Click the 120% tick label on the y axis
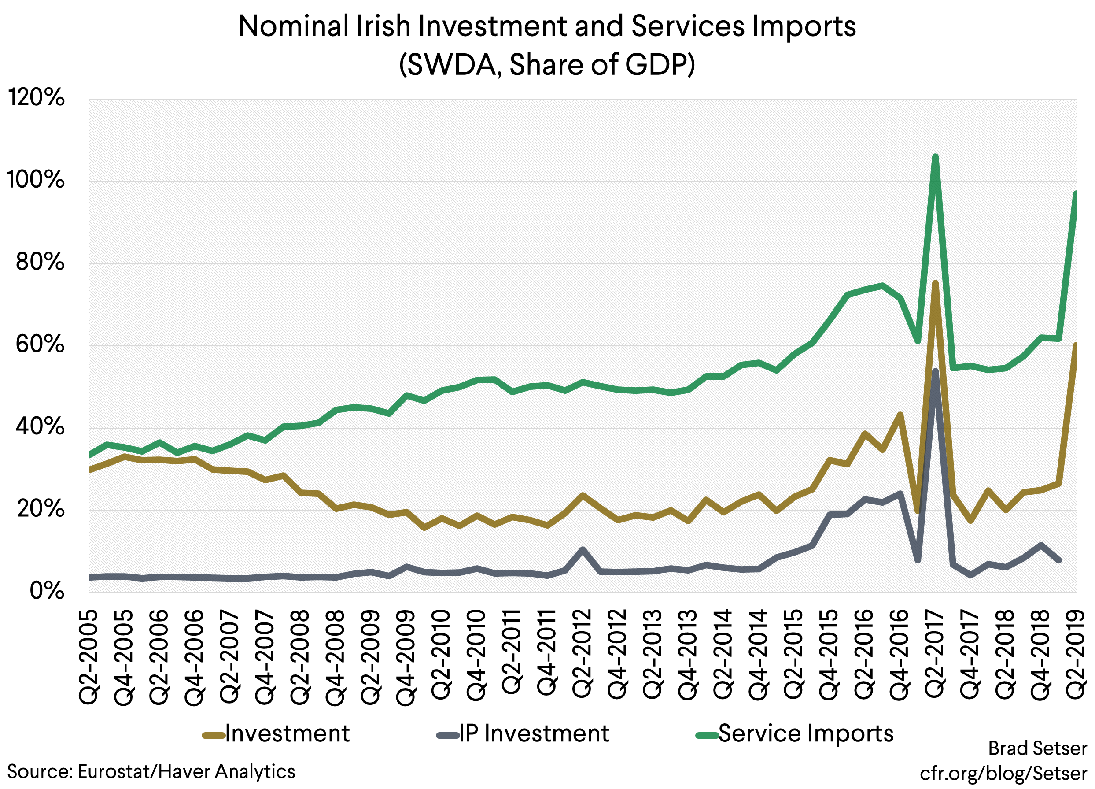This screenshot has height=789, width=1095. click(36, 98)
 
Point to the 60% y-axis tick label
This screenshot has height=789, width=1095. click(40, 344)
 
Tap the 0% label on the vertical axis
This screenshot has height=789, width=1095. click(46, 591)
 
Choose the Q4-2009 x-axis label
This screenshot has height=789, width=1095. click(406, 657)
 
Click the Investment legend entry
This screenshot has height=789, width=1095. click(276, 733)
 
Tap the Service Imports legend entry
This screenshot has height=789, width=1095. click(795, 733)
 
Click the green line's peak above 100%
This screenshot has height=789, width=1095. click(935, 157)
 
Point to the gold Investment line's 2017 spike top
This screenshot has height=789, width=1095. click(935, 283)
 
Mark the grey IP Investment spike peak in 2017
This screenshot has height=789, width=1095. click(935, 371)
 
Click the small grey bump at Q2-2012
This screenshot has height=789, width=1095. click(583, 549)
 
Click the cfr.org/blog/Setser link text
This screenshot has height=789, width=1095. click(1003, 773)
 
